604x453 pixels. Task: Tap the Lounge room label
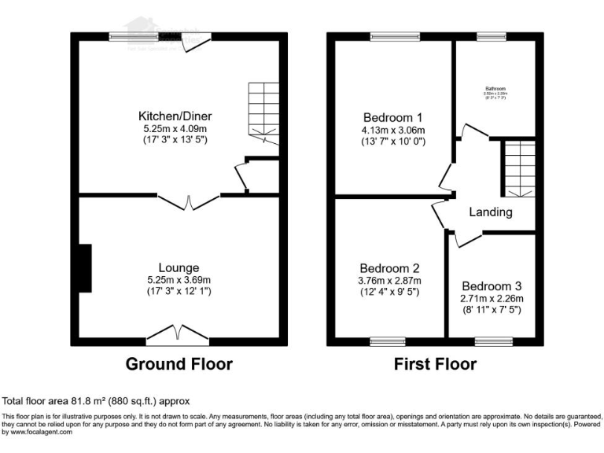click(x=178, y=267)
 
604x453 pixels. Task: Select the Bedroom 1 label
click(x=392, y=118)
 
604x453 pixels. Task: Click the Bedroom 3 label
click(x=492, y=285)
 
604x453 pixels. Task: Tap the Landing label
click(x=491, y=212)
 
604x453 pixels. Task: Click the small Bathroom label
click(x=495, y=88)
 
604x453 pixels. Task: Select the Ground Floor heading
click(x=179, y=364)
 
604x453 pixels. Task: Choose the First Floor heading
click(x=435, y=364)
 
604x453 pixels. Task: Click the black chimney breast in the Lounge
click(x=84, y=268)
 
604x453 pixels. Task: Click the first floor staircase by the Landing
click(x=518, y=168)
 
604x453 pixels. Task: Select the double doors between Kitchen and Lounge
click(x=189, y=201)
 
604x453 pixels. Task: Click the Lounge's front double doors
click(x=178, y=334)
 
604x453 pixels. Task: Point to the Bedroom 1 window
click(x=395, y=36)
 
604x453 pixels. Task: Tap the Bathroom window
click(x=492, y=36)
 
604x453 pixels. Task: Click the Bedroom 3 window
click(x=492, y=341)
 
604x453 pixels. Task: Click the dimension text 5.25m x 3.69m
click(x=178, y=279)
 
